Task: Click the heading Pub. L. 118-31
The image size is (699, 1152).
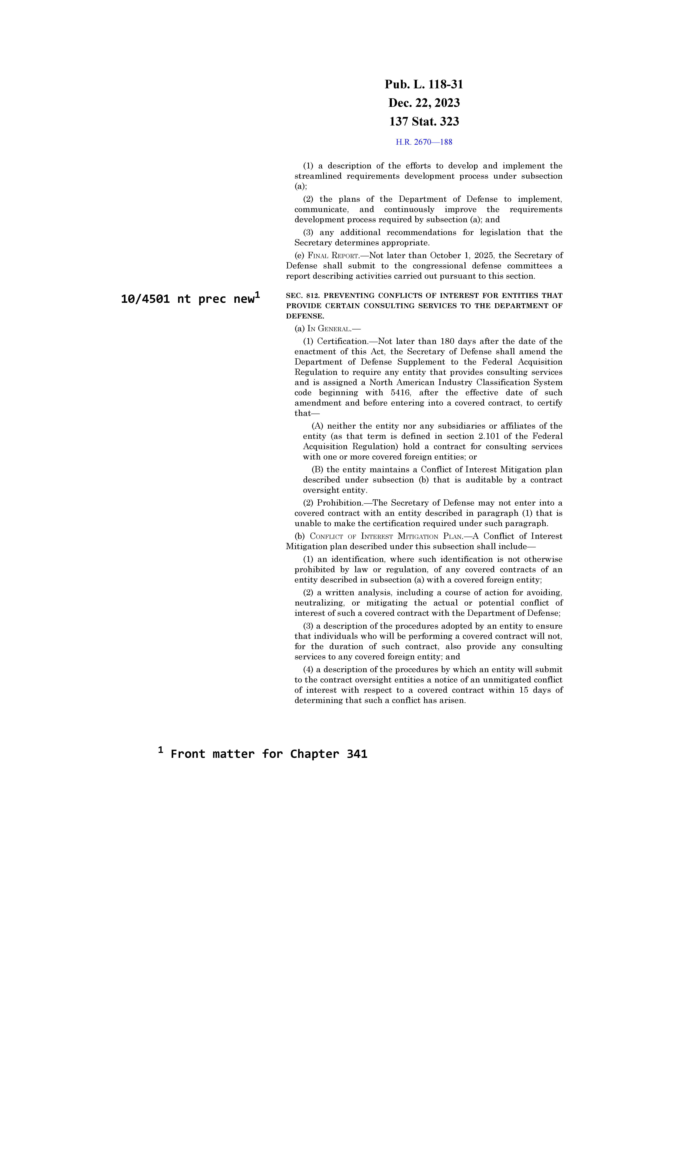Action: [x=424, y=85]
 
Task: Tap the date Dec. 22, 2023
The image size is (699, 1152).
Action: [x=424, y=103]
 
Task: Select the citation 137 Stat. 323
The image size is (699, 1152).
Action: [x=424, y=122]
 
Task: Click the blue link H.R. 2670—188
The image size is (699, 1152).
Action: [x=424, y=142]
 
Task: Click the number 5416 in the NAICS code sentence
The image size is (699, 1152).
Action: [x=400, y=393]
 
